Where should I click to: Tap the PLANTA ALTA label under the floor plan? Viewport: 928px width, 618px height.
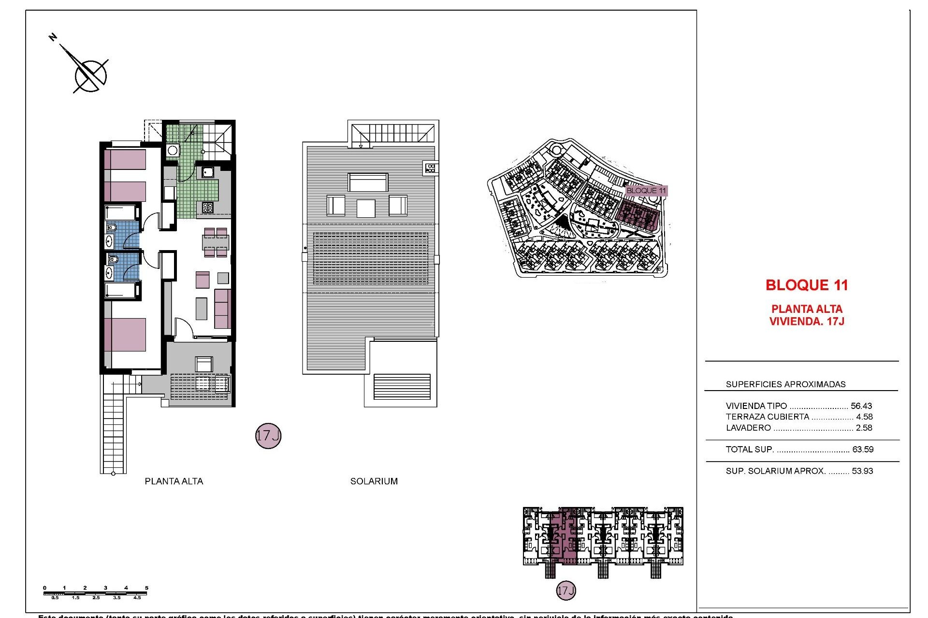coord(174,481)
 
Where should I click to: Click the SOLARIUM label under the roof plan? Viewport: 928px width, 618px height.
coord(374,481)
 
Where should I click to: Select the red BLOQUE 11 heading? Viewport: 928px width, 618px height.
coord(807,285)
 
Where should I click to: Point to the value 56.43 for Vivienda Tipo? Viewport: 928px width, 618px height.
coord(861,406)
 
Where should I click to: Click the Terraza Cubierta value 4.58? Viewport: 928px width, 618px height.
coord(864,417)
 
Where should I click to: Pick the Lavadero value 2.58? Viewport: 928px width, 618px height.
coord(864,428)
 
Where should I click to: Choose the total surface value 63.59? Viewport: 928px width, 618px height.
coord(863,449)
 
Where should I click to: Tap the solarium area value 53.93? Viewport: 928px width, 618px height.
coord(863,471)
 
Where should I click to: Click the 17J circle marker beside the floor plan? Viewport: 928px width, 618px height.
coord(268,436)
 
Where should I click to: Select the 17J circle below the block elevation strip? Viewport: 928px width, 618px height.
coord(566,590)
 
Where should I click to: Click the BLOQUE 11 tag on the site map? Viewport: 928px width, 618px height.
coord(646,191)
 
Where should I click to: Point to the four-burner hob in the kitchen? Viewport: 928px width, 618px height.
coord(207,208)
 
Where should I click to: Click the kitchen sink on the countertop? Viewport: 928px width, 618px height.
coord(208,172)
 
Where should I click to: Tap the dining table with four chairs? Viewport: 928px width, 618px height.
coord(216,242)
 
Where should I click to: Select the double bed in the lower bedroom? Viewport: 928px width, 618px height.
coord(125,334)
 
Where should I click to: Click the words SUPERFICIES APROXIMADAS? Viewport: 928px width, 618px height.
coord(785,384)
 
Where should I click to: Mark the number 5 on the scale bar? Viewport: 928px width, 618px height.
coord(146,588)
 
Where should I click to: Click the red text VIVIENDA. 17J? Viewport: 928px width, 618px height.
coord(807,322)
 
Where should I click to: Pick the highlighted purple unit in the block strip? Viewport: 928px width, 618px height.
coord(564,536)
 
